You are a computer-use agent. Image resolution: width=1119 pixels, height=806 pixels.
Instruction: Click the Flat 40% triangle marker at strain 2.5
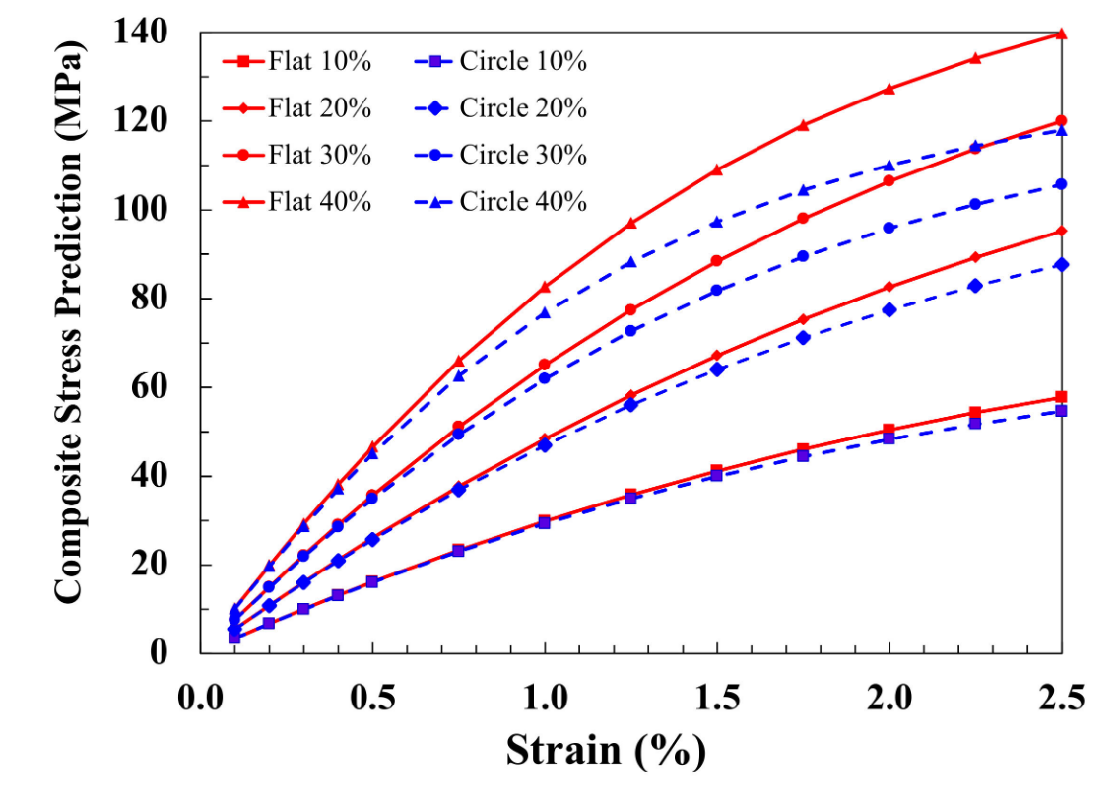(1061, 34)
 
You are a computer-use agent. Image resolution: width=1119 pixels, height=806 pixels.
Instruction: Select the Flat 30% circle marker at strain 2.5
(1061, 121)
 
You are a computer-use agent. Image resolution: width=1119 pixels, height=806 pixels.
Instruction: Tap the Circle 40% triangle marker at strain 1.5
(717, 223)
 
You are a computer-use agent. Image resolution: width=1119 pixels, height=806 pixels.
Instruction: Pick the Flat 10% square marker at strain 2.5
(1061, 397)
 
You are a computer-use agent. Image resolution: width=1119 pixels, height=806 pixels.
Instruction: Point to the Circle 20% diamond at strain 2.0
(889, 309)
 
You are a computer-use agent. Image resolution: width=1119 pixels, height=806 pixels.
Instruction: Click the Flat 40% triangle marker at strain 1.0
(545, 287)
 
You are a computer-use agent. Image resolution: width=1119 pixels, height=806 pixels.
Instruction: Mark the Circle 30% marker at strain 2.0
(889, 228)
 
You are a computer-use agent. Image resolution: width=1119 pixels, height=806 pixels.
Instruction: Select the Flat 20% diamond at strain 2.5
(1061, 232)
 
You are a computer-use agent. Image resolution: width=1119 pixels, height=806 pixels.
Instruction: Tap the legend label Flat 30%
(319, 156)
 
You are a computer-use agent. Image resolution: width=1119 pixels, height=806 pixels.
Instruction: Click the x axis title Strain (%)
(606, 751)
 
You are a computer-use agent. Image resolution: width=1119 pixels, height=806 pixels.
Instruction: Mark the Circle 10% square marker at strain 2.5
(1061, 411)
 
